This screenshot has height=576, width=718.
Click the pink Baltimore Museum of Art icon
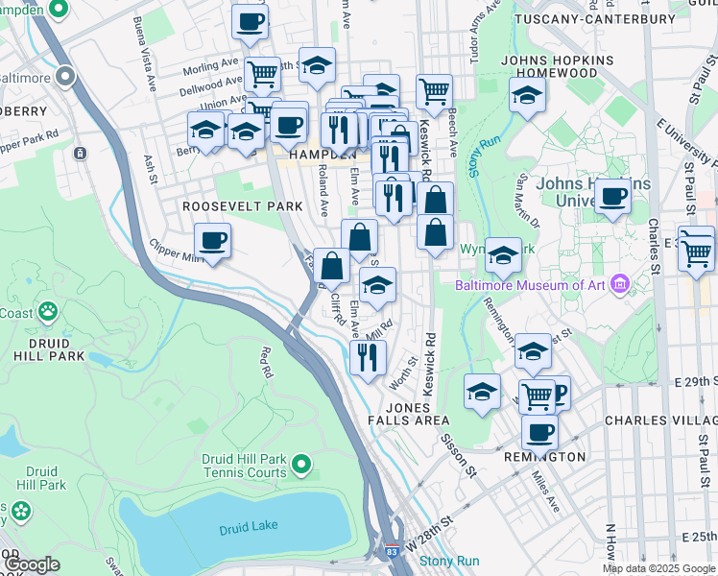(x=620, y=284)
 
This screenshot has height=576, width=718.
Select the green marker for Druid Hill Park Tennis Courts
(x=300, y=466)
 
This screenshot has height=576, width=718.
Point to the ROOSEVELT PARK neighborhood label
(x=244, y=206)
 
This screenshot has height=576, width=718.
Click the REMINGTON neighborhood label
(x=544, y=457)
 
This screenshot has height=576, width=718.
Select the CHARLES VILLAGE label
(x=662, y=420)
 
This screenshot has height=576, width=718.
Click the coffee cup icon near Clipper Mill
(x=212, y=240)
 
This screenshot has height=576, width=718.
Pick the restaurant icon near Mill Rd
(x=367, y=356)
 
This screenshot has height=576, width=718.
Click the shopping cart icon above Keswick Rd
(x=435, y=92)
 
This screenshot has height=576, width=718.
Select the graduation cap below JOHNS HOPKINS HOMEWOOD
(x=527, y=95)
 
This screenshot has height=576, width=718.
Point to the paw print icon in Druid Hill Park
(x=47, y=312)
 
